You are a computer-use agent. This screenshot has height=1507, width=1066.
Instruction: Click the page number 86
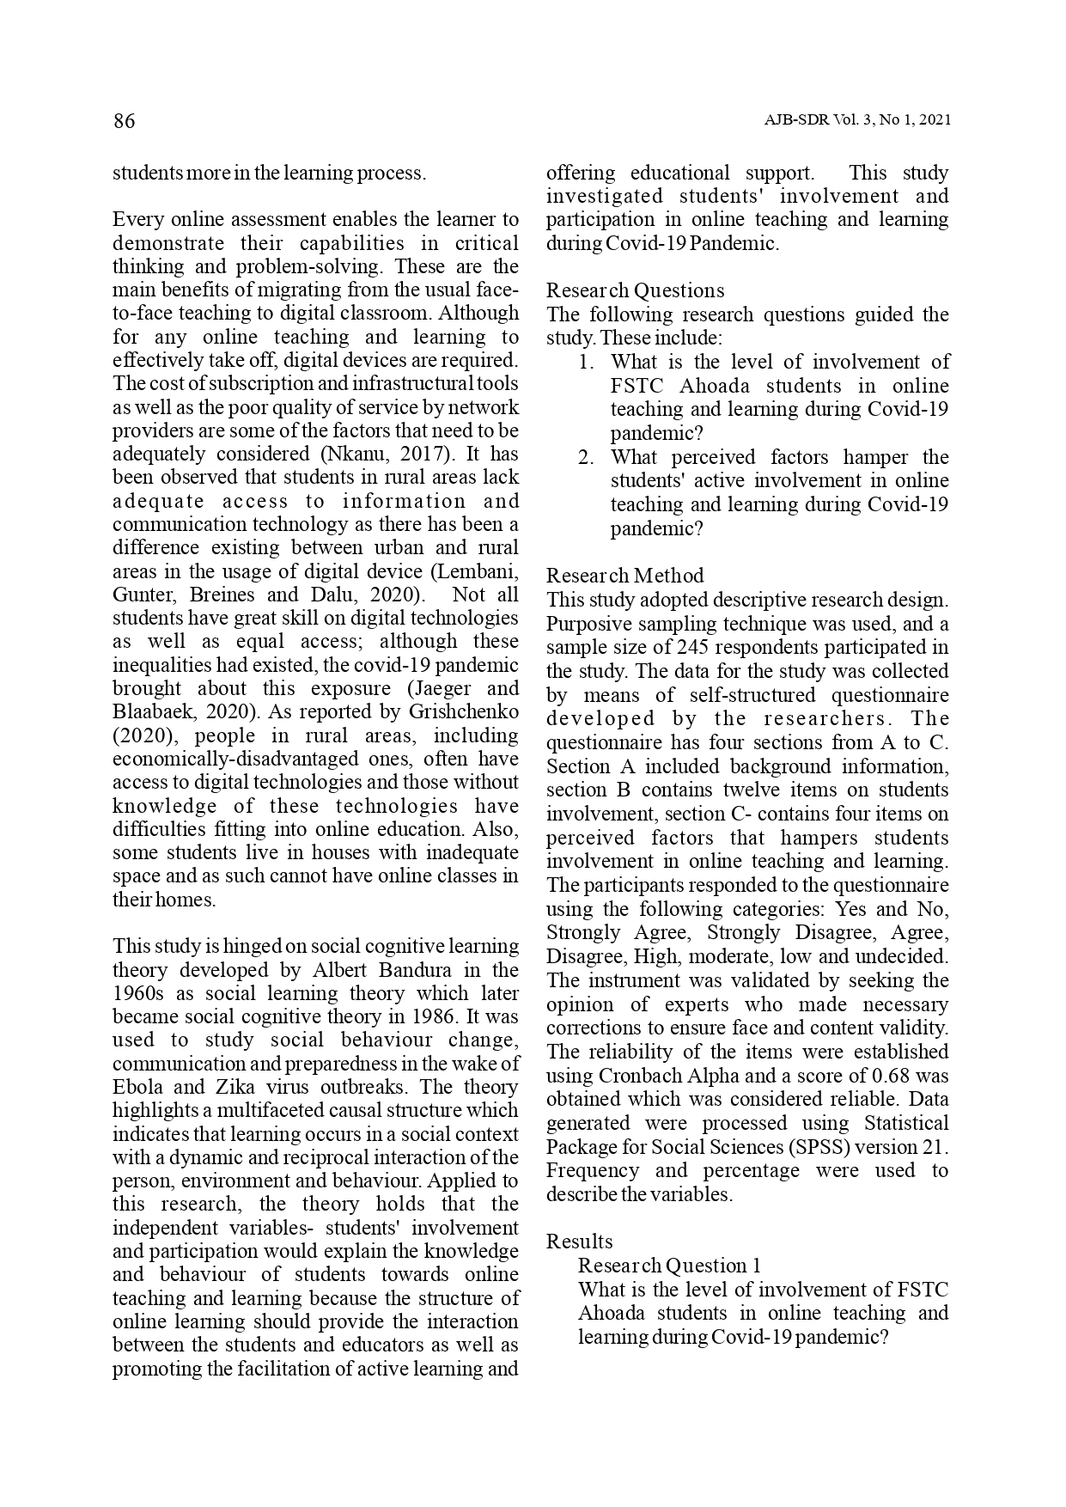point(124,121)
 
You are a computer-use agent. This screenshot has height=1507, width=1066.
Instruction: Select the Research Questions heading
point(635,290)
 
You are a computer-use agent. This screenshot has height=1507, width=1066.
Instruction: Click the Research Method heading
point(624,576)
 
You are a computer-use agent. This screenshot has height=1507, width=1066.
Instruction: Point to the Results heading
point(579,1242)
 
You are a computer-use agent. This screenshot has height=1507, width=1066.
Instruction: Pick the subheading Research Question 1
point(669,1266)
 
